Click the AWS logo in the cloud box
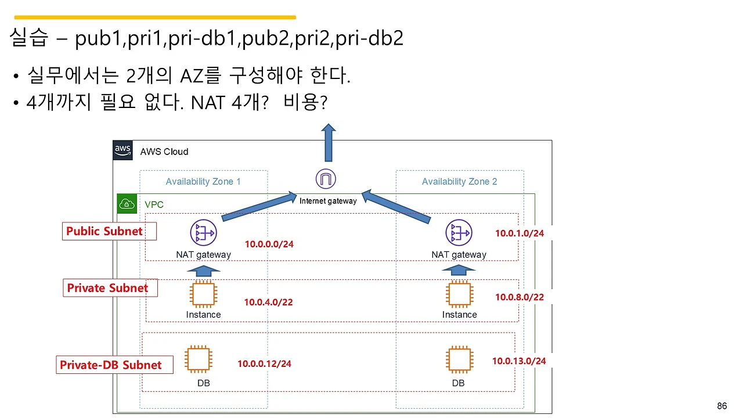[122, 150]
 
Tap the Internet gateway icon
[326, 179]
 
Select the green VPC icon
[127, 204]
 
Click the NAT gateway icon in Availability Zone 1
[203, 233]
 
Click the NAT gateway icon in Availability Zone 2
[459, 233]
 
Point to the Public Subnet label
[104, 231]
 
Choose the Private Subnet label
[107, 288]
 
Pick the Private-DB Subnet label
[111, 365]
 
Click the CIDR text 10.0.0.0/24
[269, 244]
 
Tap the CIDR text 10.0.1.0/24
[519, 233]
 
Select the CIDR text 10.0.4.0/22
[268, 302]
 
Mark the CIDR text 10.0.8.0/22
[519, 297]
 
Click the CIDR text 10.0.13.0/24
[519, 361]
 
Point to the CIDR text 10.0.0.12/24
[264, 364]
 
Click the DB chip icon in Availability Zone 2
[459, 359]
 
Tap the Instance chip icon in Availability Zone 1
[203, 294]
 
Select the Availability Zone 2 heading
[459, 182]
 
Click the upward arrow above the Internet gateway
[329, 142]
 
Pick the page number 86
[722, 406]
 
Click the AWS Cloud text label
[164, 152]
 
